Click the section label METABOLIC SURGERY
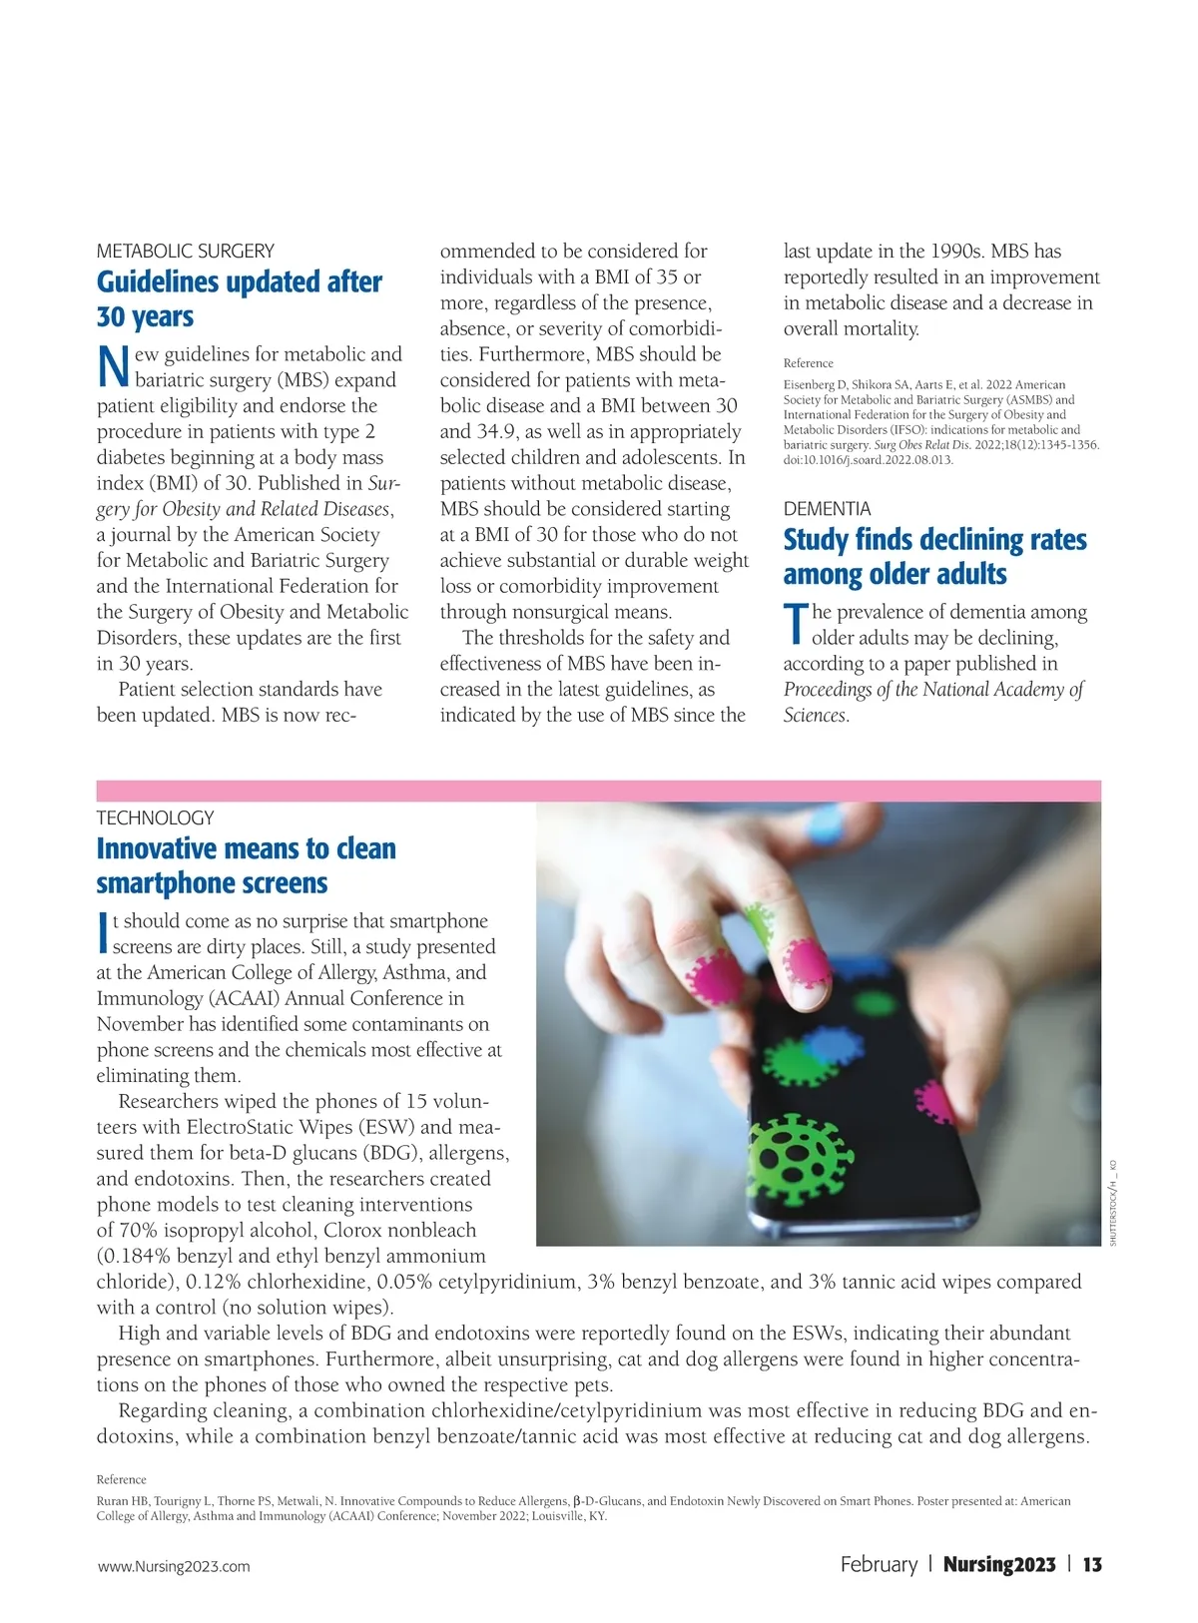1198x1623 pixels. (x=185, y=251)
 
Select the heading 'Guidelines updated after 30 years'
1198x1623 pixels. (x=239, y=298)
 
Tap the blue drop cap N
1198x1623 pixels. (x=113, y=367)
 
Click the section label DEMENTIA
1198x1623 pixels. (x=827, y=509)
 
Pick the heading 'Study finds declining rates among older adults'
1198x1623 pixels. (x=934, y=556)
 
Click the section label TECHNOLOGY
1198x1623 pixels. (x=155, y=817)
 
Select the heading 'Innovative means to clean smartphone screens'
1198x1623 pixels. (x=246, y=865)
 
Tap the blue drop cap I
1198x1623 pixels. (x=102, y=933)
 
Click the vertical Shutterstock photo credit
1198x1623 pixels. (x=1113, y=1203)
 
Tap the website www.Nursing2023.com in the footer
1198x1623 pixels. (x=174, y=1566)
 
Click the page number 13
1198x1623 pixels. (x=1092, y=1564)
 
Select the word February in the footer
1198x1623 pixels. (x=879, y=1564)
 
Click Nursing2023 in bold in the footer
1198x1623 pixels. (x=998, y=1564)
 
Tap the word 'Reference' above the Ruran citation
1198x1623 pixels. (x=121, y=1479)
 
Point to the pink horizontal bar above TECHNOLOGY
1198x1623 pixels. (x=598, y=791)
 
